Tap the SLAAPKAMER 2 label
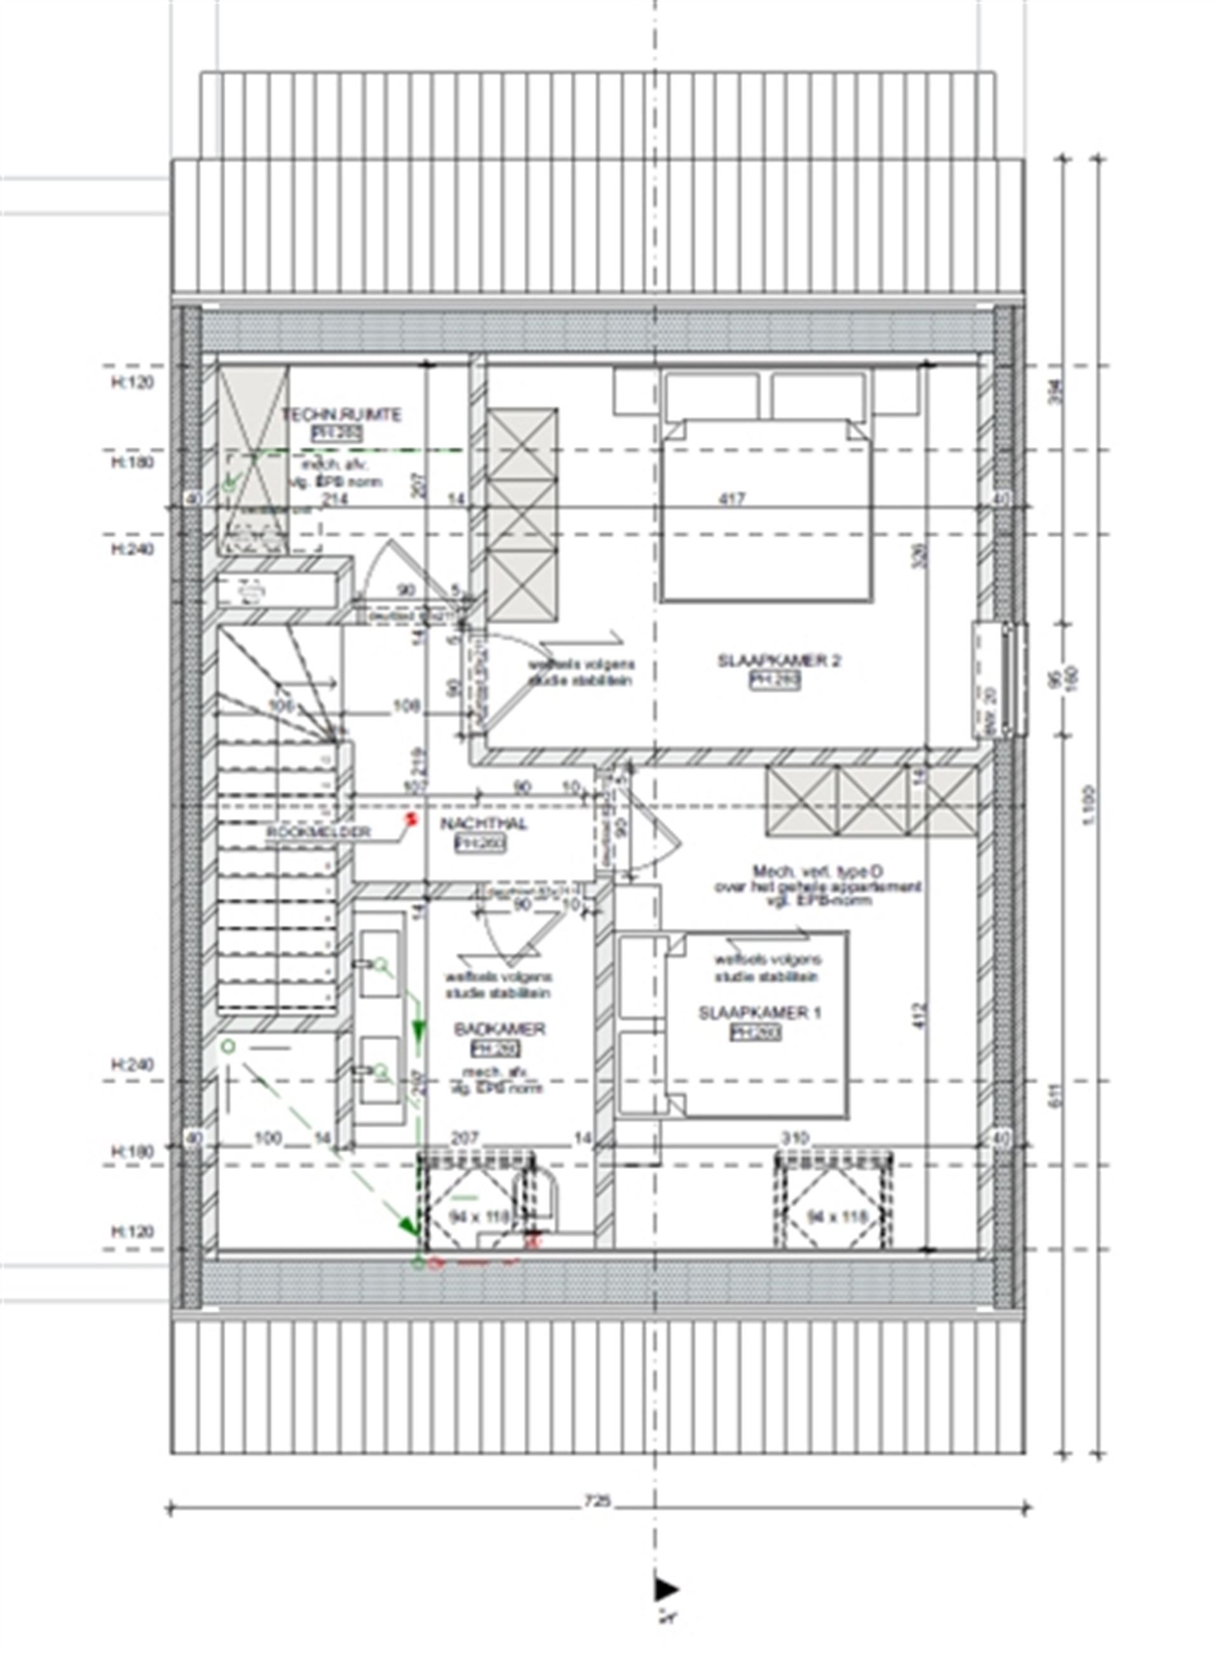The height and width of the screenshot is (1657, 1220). coord(779,661)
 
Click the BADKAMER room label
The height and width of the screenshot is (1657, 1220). coord(499,1029)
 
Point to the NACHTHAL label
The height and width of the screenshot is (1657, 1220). coord(484,824)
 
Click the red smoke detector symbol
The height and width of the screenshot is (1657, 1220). coord(411,818)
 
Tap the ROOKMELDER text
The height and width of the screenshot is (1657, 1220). coord(319,832)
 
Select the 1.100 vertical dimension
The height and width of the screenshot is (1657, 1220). coord(1094,805)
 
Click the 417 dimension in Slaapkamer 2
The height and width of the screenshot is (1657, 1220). coord(732,499)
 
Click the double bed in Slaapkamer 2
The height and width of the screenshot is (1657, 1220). coord(766,510)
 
